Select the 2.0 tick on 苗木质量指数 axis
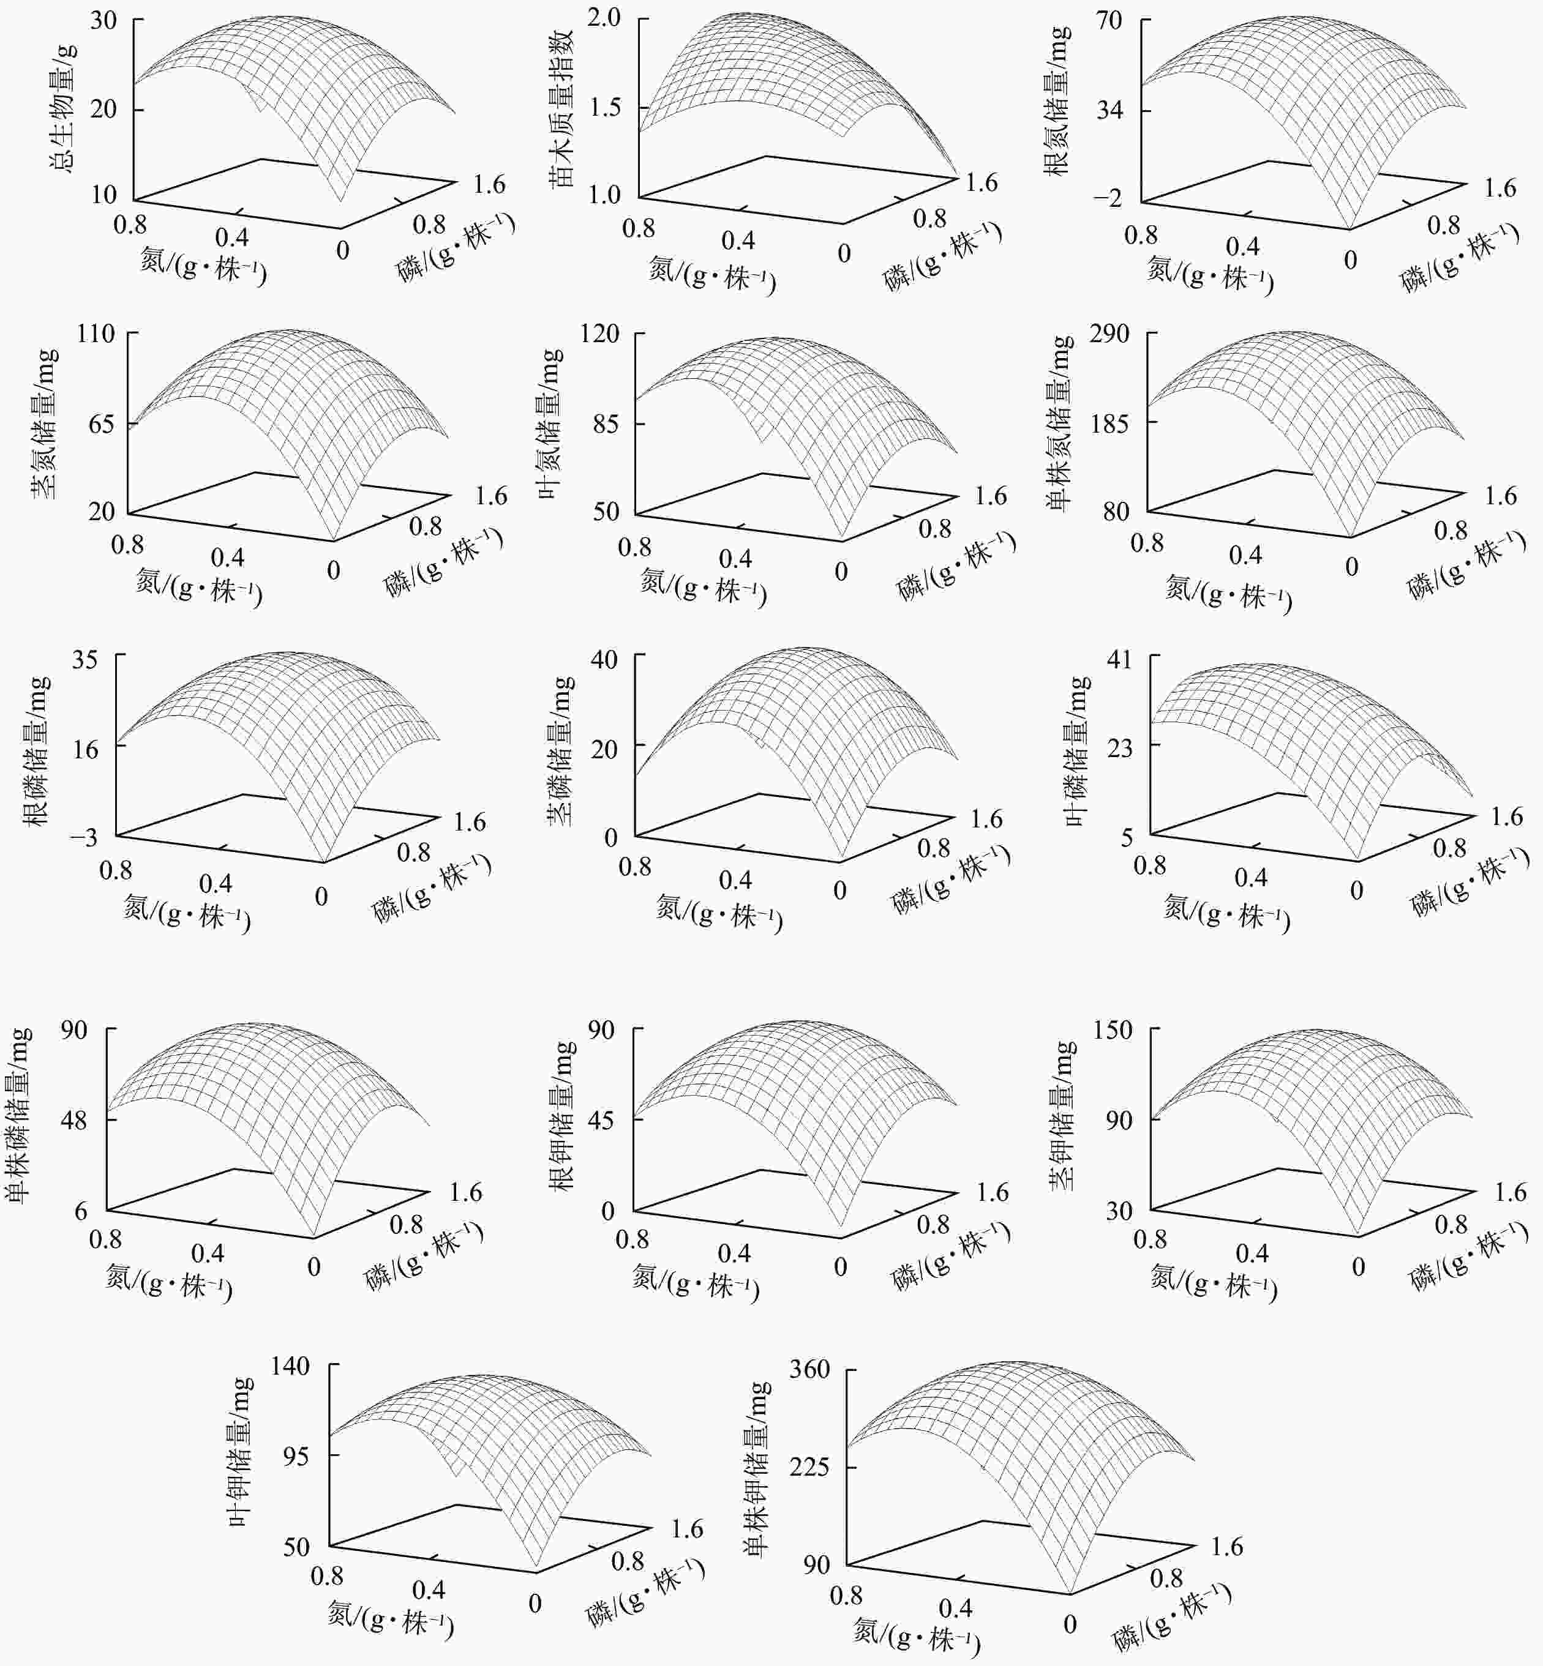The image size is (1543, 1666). pos(604,18)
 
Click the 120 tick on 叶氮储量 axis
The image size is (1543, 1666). pos(600,334)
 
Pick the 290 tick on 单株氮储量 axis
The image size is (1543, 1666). pos(1109,334)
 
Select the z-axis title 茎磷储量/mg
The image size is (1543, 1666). pos(560,750)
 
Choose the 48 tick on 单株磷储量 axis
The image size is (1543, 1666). pos(73,1119)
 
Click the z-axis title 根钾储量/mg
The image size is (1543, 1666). pos(565,1116)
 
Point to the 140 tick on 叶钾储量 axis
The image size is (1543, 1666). pos(291,1366)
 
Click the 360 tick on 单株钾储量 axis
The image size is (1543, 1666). pos(810,1369)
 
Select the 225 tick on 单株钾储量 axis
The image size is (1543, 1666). pos(810,1466)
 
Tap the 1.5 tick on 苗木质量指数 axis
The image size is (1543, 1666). pos(604,108)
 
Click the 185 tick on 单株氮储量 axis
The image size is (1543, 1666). pos(1109,423)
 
